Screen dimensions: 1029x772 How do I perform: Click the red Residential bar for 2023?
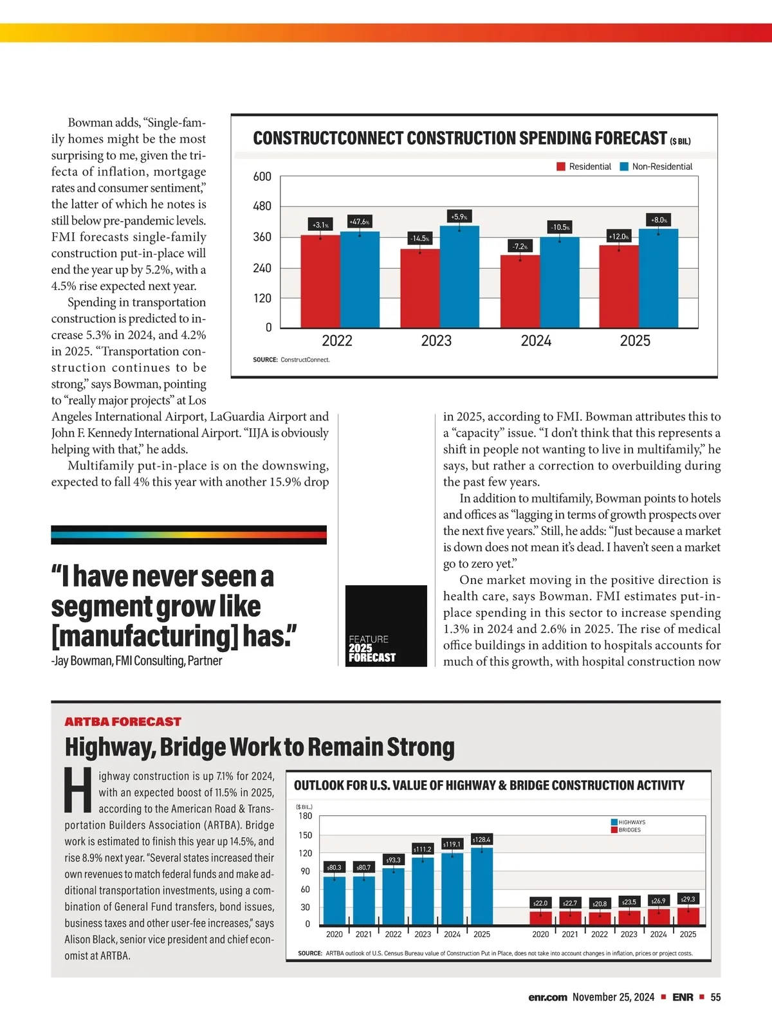[420, 288]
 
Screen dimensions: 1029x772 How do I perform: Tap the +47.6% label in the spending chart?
[359, 221]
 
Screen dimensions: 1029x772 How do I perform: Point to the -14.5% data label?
[419, 239]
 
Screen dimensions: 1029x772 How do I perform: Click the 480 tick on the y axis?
[262, 206]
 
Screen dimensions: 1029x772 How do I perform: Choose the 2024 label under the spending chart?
[536, 341]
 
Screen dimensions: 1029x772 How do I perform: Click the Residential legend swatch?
[561, 167]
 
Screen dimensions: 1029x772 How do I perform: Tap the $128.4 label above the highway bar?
[481, 839]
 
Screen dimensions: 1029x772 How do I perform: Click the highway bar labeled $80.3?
[334, 900]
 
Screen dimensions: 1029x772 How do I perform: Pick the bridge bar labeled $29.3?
[688, 916]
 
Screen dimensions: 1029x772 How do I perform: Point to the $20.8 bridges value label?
[600, 904]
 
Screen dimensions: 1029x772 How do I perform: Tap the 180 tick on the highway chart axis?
[305, 816]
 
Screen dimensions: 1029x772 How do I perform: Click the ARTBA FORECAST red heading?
[123, 722]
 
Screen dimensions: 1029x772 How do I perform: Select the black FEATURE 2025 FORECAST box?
[386, 626]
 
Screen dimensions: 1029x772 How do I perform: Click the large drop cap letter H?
[78, 790]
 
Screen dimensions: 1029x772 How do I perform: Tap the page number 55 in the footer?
[715, 997]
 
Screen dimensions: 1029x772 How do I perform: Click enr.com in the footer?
[547, 997]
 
